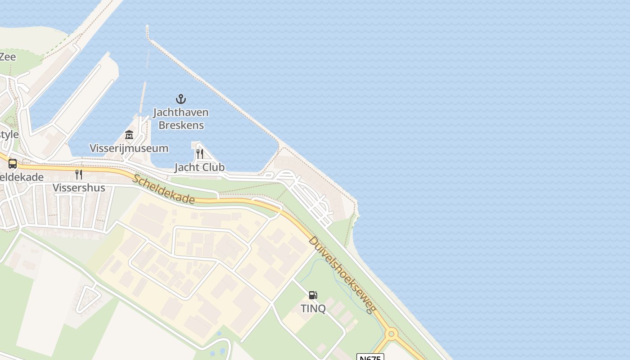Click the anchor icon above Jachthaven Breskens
tap(180, 99)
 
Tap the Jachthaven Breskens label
tap(181, 118)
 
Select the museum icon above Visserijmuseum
tap(129, 135)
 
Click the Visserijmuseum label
tap(129, 148)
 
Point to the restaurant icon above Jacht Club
tap(200, 153)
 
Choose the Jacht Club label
tap(199, 167)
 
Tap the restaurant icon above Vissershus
tap(79, 174)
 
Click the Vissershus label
tap(79, 188)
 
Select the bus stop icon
tap(13, 164)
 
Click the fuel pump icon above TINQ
tap(313, 295)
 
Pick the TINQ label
tap(313, 308)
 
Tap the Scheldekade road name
tap(164, 189)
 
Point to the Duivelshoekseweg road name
tap(342, 274)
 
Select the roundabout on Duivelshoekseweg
tap(391, 334)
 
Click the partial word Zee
tap(8, 57)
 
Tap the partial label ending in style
tap(9, 135)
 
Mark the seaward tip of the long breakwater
tap(147, 27)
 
